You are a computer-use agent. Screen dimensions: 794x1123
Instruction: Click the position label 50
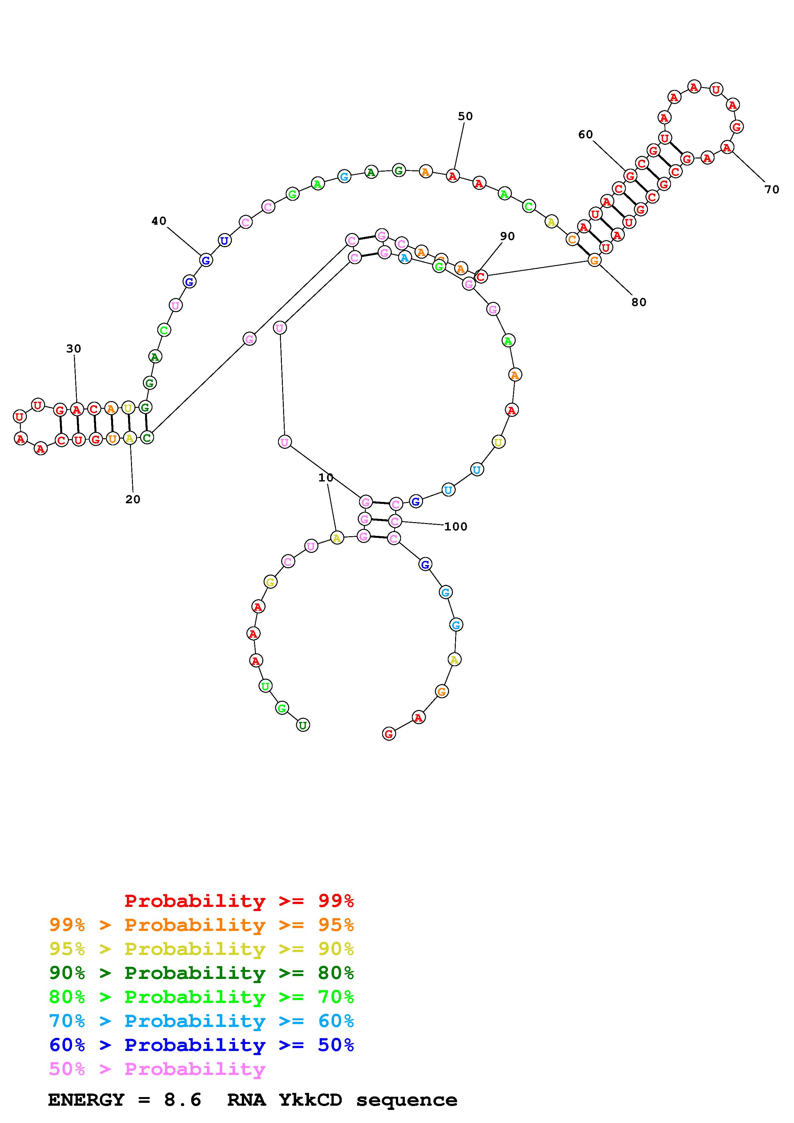465,117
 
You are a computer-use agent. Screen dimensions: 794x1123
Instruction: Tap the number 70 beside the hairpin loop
772,189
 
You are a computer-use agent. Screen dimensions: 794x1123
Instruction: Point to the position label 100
455,527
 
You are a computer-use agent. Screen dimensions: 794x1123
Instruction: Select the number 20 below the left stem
133,499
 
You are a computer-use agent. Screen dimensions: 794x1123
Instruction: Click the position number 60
585,134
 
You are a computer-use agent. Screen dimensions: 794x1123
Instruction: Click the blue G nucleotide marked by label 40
206,260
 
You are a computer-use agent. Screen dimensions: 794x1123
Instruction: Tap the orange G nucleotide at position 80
594,260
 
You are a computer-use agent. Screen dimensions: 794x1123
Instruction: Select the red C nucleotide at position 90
481,276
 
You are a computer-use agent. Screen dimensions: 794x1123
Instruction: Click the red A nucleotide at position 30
76,409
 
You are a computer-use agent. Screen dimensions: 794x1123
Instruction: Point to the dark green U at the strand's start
303,725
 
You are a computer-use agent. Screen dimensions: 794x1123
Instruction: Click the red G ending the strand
389,734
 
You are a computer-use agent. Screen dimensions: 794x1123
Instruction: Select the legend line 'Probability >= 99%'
239,901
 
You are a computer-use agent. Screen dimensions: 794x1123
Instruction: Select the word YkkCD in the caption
310,1100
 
